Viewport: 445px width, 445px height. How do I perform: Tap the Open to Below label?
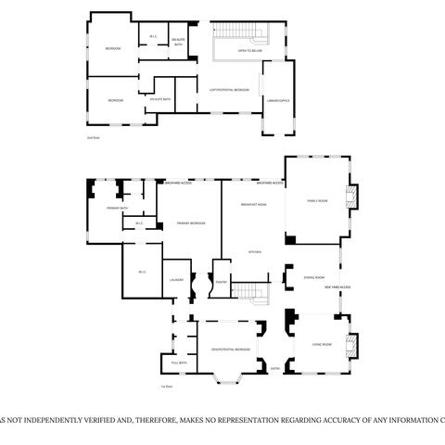point(249,52)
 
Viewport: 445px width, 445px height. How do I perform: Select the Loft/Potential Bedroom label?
point(230,90)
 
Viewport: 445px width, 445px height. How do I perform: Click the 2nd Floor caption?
point(92,137)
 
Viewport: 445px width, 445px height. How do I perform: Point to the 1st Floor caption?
point(168,385)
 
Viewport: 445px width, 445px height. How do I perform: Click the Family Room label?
point(317,199)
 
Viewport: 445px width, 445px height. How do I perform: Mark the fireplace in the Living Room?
point(351,347)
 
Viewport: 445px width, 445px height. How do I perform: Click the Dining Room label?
point(314,277)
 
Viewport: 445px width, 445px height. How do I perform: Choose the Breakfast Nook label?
point(254,203)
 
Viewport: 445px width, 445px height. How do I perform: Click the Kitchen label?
point(254,251)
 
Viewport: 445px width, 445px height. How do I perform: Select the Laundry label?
point(176,279)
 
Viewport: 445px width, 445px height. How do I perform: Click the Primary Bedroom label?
point(191,223)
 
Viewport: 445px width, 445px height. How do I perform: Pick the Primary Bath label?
point(117,209)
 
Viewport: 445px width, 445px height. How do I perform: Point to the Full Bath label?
point(180,362)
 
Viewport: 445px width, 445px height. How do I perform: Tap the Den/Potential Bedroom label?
point(230,350)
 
